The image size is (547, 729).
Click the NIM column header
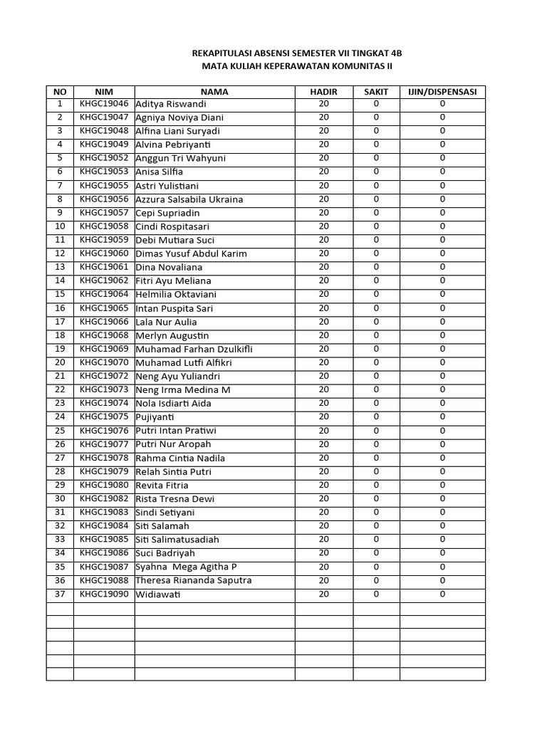click(x=104, y=92)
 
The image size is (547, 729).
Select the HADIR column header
click(x=323, y=92)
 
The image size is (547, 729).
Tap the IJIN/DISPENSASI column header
click(x=442, y=92)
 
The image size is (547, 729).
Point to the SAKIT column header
click(x=376, y=92)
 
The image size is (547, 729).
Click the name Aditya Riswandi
click(x=172, y=104)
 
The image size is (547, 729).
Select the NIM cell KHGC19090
click(x=104, y=594)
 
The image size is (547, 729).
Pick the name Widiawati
click(x=159, y=594)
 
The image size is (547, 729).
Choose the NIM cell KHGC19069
click(x=104, y=349)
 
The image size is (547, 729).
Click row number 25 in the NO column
click(x=60, y=431)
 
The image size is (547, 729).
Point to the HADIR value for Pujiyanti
click(x=323, y=417)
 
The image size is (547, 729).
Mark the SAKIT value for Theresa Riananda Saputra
click(x=376, y=580)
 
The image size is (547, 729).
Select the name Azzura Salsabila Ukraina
click(x=189, y=199)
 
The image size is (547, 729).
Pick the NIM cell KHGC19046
click(x=104, y=104)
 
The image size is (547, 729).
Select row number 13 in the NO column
click(x=60, y=267)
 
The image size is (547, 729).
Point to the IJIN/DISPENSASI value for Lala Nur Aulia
click(x=442, y=322)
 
